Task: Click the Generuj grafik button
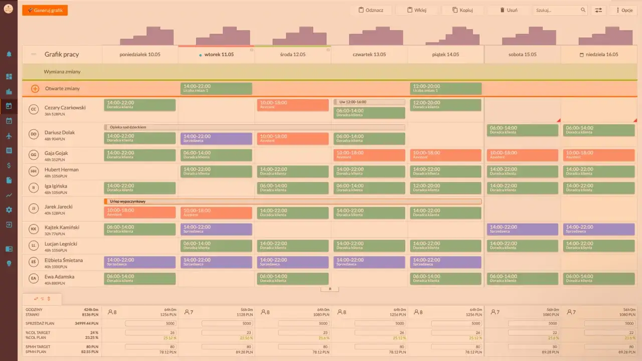45,10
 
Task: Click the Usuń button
509,10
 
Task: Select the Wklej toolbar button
417,10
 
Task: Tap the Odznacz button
371,10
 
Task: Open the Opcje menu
623,10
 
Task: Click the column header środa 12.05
292,54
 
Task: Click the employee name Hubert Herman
62,169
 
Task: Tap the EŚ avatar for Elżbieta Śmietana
34,262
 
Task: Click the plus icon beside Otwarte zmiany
35,89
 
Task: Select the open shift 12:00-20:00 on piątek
445,89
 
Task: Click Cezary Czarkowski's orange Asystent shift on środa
292,105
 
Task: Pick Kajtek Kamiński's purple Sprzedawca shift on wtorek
216,229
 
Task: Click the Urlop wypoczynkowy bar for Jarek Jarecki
292,202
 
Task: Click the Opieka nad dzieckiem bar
254,127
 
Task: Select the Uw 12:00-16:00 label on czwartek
369,102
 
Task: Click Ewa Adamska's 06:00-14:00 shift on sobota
522,278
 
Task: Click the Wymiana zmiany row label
62,72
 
